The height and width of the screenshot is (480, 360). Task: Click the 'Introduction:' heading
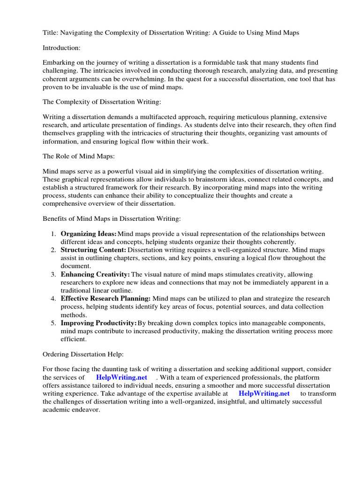tap(61, 47)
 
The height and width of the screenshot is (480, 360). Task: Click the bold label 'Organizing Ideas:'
tap(89, 233)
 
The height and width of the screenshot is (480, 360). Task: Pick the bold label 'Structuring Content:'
tap(93, 250)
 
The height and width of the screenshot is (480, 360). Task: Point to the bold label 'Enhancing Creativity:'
tap(95, 274)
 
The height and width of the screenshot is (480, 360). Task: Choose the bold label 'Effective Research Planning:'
tap(105, 299)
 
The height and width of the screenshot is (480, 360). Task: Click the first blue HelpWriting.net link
tap(121, 377)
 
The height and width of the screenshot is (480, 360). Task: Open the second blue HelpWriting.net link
tap(264, 394)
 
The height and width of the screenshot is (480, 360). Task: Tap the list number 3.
tap(53, 274)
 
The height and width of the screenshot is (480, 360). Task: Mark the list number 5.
tap(53, 323)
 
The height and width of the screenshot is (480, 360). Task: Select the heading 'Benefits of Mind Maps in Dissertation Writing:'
tap(112, 218)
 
